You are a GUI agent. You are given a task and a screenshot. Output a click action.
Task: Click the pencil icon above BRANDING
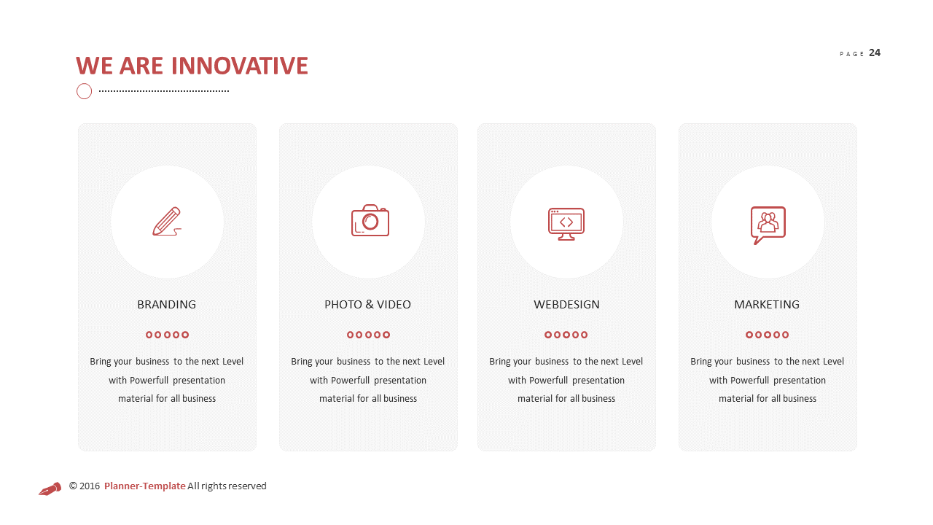167,222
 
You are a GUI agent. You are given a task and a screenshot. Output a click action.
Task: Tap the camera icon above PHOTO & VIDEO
370,221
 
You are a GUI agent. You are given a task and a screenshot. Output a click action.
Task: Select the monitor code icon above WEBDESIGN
566,223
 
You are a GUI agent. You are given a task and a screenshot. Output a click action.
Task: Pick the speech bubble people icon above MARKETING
768,224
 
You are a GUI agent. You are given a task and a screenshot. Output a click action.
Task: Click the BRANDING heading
166,304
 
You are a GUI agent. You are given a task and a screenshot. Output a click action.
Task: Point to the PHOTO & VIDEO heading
367,304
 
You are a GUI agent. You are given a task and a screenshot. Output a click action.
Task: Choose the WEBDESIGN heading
566,304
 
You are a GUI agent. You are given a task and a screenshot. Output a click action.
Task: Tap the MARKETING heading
767,304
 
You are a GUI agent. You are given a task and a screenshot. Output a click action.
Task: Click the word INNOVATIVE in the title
239,66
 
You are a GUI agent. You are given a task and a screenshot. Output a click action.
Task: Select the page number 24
875,52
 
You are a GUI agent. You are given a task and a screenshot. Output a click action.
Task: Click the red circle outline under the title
84,91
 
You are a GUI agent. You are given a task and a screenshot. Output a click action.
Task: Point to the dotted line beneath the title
164,91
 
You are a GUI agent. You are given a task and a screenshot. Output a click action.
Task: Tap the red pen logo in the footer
50,488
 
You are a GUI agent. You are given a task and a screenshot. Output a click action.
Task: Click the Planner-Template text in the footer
144,486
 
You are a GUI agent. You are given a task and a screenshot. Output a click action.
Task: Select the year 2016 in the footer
90,486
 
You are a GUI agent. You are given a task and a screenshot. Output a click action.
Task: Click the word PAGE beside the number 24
851,54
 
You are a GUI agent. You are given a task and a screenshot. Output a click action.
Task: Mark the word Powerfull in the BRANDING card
150,380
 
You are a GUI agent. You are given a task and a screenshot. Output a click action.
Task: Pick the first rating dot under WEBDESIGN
548,335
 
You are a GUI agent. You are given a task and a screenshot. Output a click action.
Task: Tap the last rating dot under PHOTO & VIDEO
386,335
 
